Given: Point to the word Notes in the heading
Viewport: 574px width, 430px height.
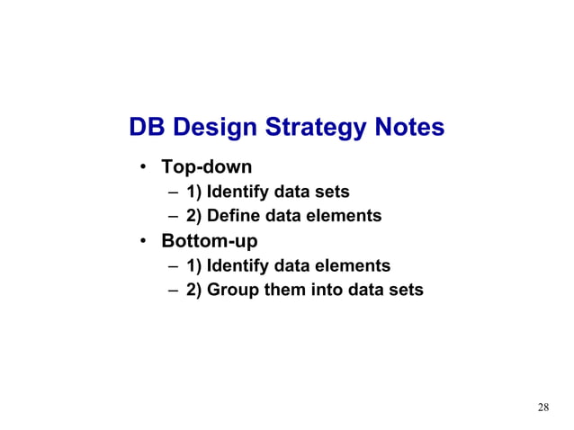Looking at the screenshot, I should (x=408, y=128).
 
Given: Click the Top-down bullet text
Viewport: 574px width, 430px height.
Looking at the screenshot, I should (x=206, y=167).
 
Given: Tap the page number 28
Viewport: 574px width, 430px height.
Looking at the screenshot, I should (x=543, y=408).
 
